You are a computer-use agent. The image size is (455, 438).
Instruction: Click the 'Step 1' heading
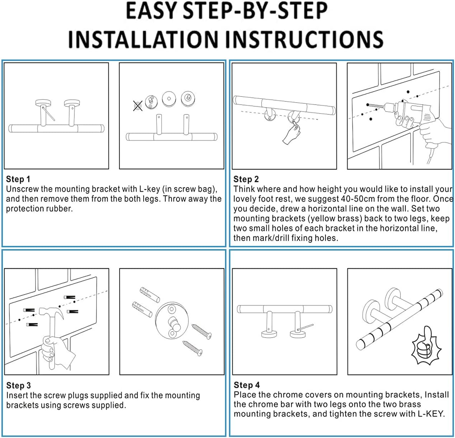click(x=18, y=179)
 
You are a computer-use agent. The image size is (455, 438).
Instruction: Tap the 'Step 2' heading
click(x=246, y=179)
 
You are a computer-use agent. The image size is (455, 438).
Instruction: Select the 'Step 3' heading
click(x=18, y=385)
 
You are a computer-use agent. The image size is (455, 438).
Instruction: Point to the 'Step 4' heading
click(x=247, y=385)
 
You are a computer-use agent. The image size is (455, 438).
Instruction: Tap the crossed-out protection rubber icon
click(x=138, y=106)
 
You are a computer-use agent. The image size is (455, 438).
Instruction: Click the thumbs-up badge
click(x=426, y=346)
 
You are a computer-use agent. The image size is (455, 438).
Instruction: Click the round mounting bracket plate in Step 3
click(x=172, y=320)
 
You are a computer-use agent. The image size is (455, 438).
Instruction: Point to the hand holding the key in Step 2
click(x=292, y=133)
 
